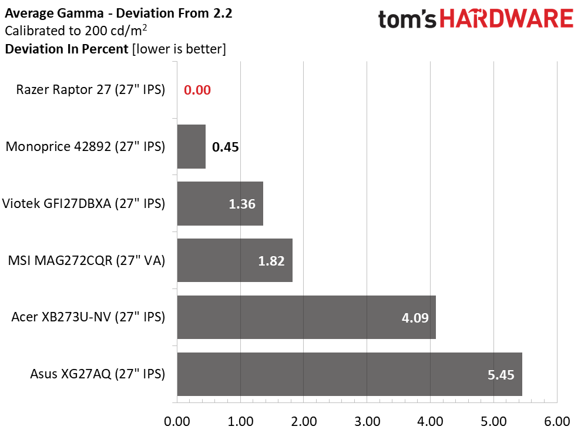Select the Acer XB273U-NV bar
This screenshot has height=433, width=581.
click(x=305, y=317)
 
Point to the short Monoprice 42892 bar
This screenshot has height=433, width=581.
click(x=191, y=146)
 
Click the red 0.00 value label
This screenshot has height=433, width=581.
click(x=197, y=90)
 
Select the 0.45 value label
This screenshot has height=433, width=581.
click(x=225, y=147)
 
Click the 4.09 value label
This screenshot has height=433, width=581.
click(x=415, y=318)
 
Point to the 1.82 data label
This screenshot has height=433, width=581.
click(x=271, y=261)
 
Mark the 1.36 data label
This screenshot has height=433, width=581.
click(x=242, y=204)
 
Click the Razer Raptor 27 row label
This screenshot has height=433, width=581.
click(x=90, y=90)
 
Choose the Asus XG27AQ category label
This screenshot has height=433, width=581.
click(x=98, y=374)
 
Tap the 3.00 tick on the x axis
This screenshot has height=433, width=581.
click(x=367, y=421)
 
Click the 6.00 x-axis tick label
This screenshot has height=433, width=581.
click(x=556, y=421)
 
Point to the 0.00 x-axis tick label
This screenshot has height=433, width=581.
click(x=177, y=421)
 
